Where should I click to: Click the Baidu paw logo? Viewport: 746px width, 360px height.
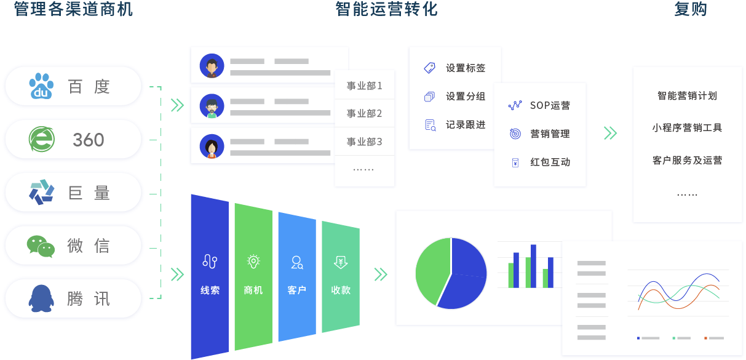[x=41, y=86]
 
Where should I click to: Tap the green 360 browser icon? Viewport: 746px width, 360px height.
[x=42, y=139]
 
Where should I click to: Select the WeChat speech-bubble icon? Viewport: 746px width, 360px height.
[x=41, y=246]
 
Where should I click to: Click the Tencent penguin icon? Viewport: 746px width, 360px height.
[x=41, y=298]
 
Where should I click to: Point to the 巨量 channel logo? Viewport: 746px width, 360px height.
[x=42, y=192]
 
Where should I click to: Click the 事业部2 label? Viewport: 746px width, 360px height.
[x=364, y=114]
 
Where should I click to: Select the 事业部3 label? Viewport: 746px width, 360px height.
[x=364, y=142]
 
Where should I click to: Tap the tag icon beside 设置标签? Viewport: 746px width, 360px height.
[x=430, y=68]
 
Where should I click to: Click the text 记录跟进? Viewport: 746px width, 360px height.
[x=466, y=125]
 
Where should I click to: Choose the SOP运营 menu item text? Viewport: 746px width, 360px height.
[x=550, y=105]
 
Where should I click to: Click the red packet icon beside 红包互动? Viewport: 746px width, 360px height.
[x=515, y=162]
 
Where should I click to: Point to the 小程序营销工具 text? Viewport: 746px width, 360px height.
[x=687, y=127]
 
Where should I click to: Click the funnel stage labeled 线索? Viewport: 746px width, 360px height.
[x=210, y=277]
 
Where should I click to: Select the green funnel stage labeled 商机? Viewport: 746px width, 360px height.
[x=253, y=277]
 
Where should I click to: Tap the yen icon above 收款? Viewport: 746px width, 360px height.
[x=341, y=262]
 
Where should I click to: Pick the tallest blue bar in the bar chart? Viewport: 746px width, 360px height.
[x=534, y=266]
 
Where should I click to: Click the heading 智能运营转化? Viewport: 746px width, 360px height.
[x=386, y=9]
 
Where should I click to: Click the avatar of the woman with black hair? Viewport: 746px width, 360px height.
[x=212, y=146]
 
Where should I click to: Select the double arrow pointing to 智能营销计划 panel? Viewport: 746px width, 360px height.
[x=611, y=134]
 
